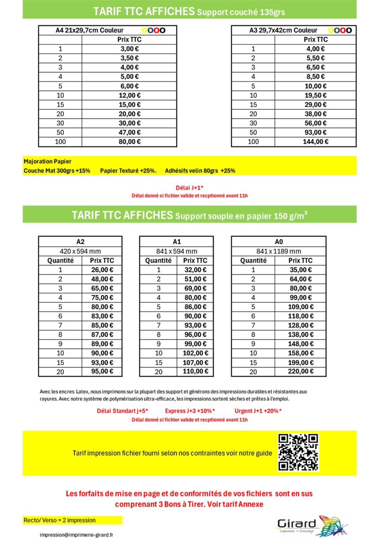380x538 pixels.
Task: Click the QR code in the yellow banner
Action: (298, 453)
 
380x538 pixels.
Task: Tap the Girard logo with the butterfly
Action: (311, 525)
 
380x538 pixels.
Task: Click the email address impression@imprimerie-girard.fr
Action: (76, 535)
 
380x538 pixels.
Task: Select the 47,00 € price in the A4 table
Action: (129, 132)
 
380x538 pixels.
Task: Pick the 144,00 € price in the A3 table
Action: (315, 142)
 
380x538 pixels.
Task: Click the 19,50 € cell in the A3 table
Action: (315, 95)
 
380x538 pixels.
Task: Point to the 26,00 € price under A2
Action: (102, 270)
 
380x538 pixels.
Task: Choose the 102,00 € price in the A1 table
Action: (195, 353)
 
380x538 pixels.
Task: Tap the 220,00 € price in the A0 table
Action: (301, 372)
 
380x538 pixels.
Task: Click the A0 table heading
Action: (279, 242)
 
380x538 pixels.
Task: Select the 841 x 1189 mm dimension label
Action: (279, 251)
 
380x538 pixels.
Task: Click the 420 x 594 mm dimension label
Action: (80, 251)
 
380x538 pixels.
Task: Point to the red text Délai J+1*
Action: (190, 188)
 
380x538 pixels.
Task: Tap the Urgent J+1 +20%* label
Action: (258, 411)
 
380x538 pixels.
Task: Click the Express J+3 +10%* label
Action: (190, 411)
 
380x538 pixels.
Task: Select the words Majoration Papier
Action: (47, 161)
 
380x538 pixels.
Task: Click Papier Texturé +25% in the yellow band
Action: (128, 171)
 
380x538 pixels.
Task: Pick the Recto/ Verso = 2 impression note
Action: (60, 520)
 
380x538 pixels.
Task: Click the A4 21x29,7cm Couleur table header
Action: (89, 30)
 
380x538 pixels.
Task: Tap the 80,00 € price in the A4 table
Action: (129, 142)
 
